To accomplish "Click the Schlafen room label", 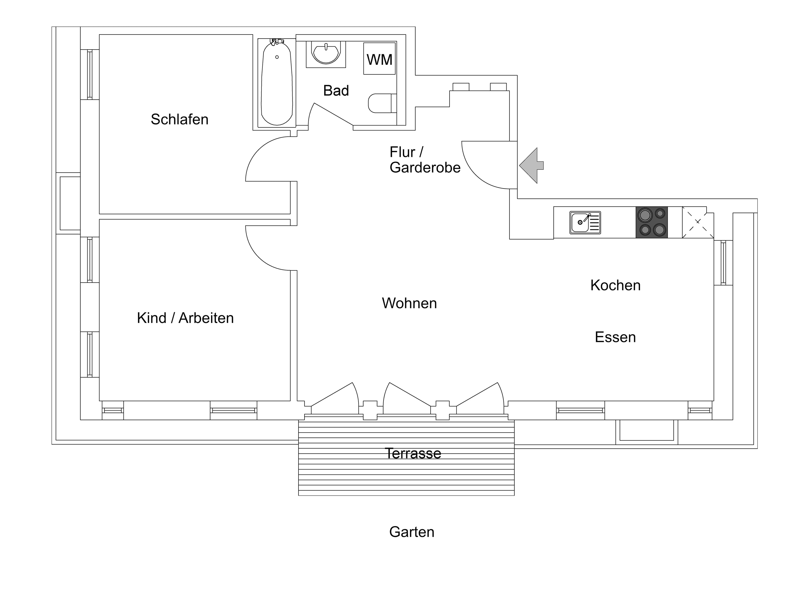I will tap(179, 119).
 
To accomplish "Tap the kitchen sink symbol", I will tap(585, 222).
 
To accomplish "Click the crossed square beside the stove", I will tap(697, 222).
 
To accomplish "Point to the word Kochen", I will tap(615, 285).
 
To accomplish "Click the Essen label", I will tap(615, 337).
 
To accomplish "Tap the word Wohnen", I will tap(409, 303).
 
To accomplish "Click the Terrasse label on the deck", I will tap(413, 453).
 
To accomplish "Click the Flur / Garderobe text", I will tap(424, 160).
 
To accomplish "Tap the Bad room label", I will tap(336, 91).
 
